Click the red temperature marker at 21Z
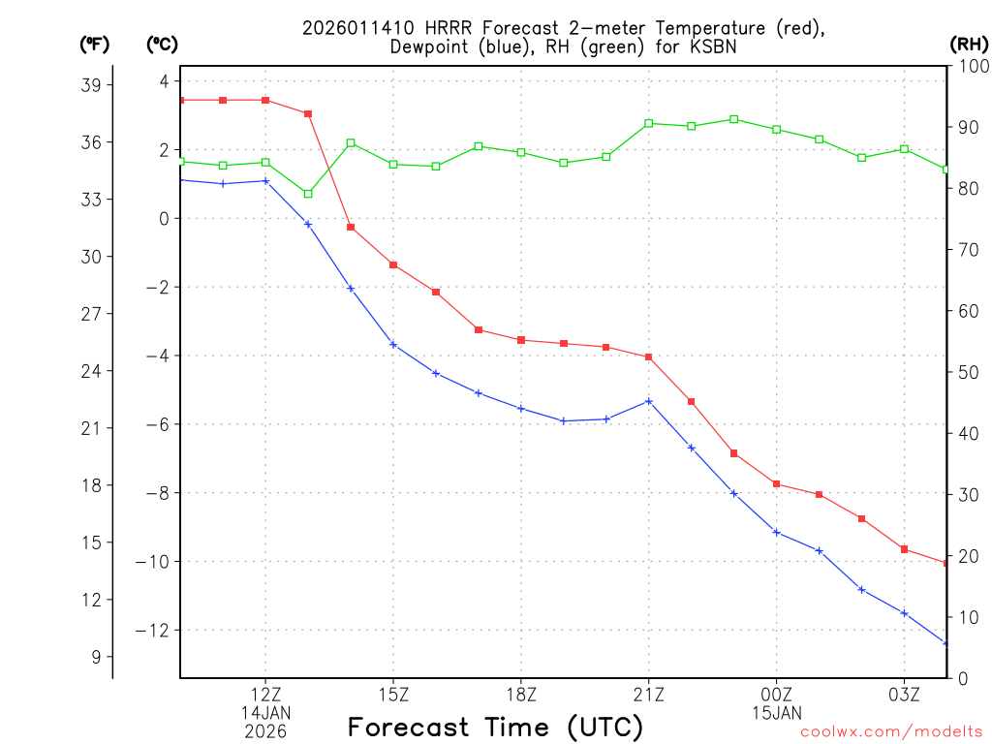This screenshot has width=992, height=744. (x=649, y=357)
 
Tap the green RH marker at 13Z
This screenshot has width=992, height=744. (x=308, y=194)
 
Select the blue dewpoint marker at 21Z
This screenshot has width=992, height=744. (x=649, y=401)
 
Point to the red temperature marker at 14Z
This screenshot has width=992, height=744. (x=351, y=228)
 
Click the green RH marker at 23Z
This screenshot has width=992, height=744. (x=733, y=119)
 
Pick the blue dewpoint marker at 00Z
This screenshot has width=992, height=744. (x=777, y=532)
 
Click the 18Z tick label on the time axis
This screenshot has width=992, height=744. (x=521, y=695)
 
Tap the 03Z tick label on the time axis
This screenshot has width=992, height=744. (x=904, y=695)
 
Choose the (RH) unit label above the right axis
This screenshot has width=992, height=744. (x=969, y=44)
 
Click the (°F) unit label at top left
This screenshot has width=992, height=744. (x=95, y=44)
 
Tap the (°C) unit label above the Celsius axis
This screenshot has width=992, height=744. (x=163, y=44)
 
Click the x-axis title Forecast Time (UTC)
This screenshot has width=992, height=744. (x=495, y=727)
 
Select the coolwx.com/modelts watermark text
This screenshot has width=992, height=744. (x=891, y=732)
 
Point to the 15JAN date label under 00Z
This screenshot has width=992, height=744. (x=777, y=713)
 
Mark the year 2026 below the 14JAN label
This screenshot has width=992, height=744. (x=265, y=730)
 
